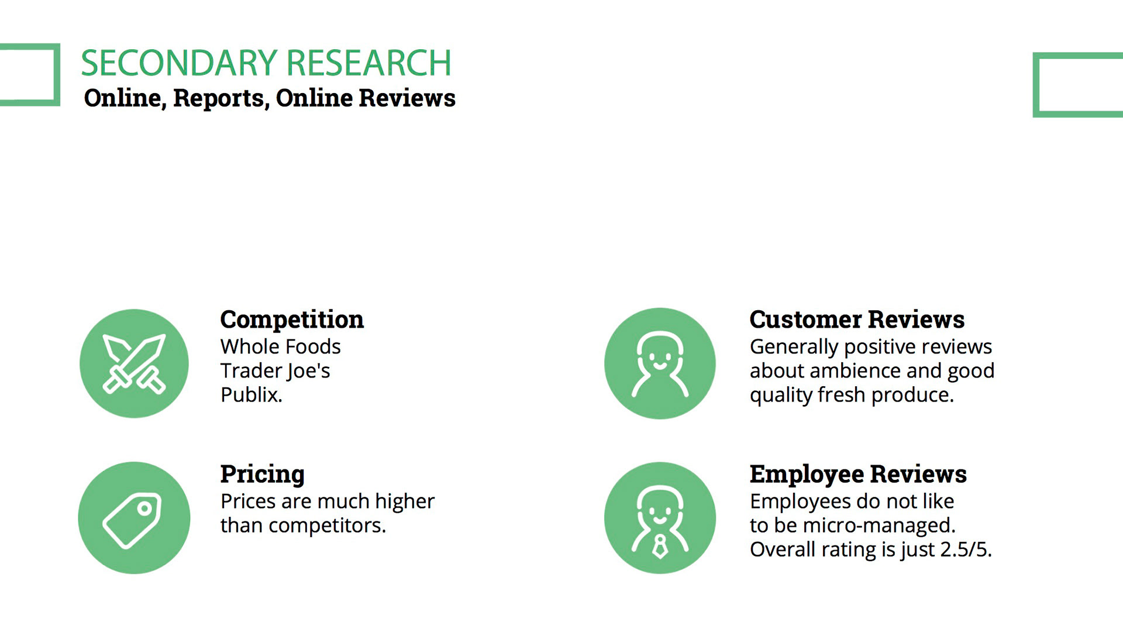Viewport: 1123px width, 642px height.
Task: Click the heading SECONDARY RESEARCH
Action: (266, 63)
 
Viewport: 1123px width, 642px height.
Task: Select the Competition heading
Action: (292, 320)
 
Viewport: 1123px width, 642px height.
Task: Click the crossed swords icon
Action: (134, 363)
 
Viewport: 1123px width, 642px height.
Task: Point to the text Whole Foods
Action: (280, 346)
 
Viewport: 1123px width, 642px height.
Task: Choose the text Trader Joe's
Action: (275, 370)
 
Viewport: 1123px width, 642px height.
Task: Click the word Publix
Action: (252, 395)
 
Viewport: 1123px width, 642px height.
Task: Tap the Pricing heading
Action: (262, 475)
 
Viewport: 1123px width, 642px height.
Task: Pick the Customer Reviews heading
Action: (857, 320)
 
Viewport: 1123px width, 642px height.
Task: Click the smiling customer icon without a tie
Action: (660, 363)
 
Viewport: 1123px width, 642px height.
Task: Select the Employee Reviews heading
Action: (858, 475)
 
